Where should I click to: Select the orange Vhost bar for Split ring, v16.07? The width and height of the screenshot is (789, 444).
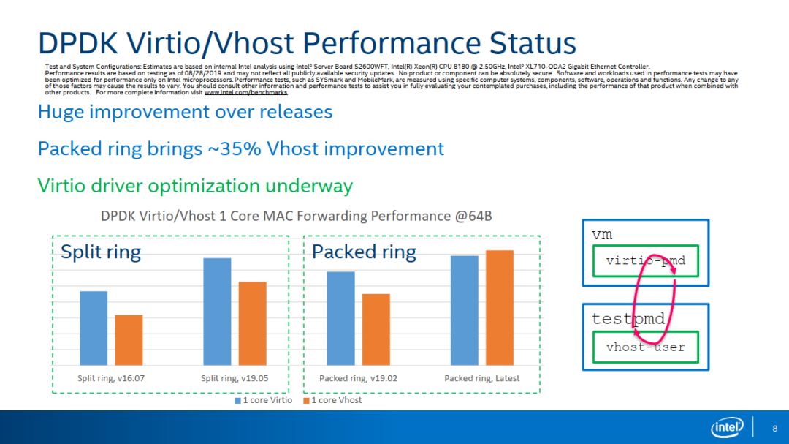pyautogui.click(x=129, y=340)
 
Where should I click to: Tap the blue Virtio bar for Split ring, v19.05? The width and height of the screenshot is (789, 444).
pyautogui.click(x=217, y=312)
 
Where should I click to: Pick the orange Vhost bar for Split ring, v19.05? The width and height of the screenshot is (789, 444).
pyautogui.click(x=253, y=323)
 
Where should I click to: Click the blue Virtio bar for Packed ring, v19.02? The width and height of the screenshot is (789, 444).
pyautogui.click(x=340, y=318)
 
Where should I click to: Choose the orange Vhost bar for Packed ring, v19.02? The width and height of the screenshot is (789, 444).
pyautogui.click(x=376, y=329)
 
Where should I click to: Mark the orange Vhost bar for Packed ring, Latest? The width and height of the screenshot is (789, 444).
pyautogui.click(x=500, y=307)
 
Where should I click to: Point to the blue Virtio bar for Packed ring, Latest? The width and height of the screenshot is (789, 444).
pyautogui.click(x=465, y=310)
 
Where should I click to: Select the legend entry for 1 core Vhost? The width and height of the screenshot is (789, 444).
pyautogui.click(x=333, y=400)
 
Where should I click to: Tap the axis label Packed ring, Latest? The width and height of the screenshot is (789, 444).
pyautogui.click(x=482, y=378)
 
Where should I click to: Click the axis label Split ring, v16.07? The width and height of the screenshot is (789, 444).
pyautogui.click(x=111, y=378)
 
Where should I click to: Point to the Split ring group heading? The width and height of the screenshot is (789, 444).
pyautogui.click(x=100, y=252)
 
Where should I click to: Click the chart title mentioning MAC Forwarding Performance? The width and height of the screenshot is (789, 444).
pyautogui.click(x=297, y=216)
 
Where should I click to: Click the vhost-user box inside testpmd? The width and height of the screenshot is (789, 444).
pyautogui.click(x=645, y=347)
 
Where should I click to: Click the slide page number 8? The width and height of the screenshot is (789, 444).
pyautogui.click(x=774, y=428)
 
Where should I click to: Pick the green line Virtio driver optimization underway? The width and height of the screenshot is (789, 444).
pyautogui.click(x=195, y=186)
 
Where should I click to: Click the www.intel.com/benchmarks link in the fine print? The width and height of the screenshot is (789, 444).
pyautogui.click(x=246, y=93)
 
